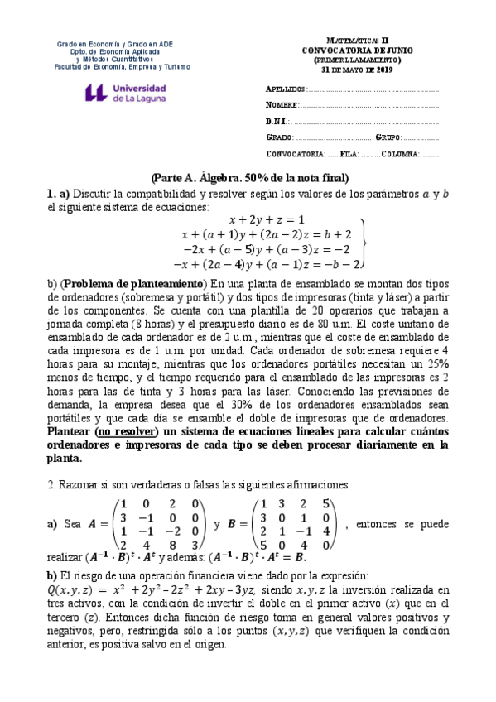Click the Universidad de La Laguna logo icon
[x=96, y=92]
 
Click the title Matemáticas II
[x=352, y=39]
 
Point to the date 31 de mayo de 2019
[x=353, y=69]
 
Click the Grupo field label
[x=388, y=137]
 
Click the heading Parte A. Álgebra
[x=249, y=178]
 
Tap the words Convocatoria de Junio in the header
[x=352, y=49]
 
